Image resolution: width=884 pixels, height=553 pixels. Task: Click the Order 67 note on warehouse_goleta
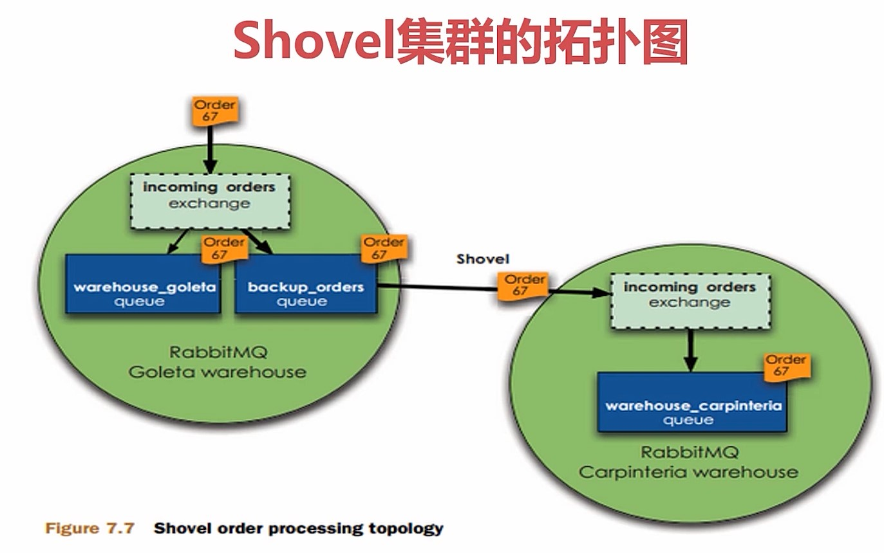[224, 248]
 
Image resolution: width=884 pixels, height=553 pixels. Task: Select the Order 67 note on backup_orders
[384, 248]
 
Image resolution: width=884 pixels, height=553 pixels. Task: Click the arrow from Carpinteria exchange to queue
[689, 350]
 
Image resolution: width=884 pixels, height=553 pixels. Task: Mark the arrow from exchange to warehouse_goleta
[178, 241]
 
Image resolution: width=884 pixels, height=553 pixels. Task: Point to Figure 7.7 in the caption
[89, 529]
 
